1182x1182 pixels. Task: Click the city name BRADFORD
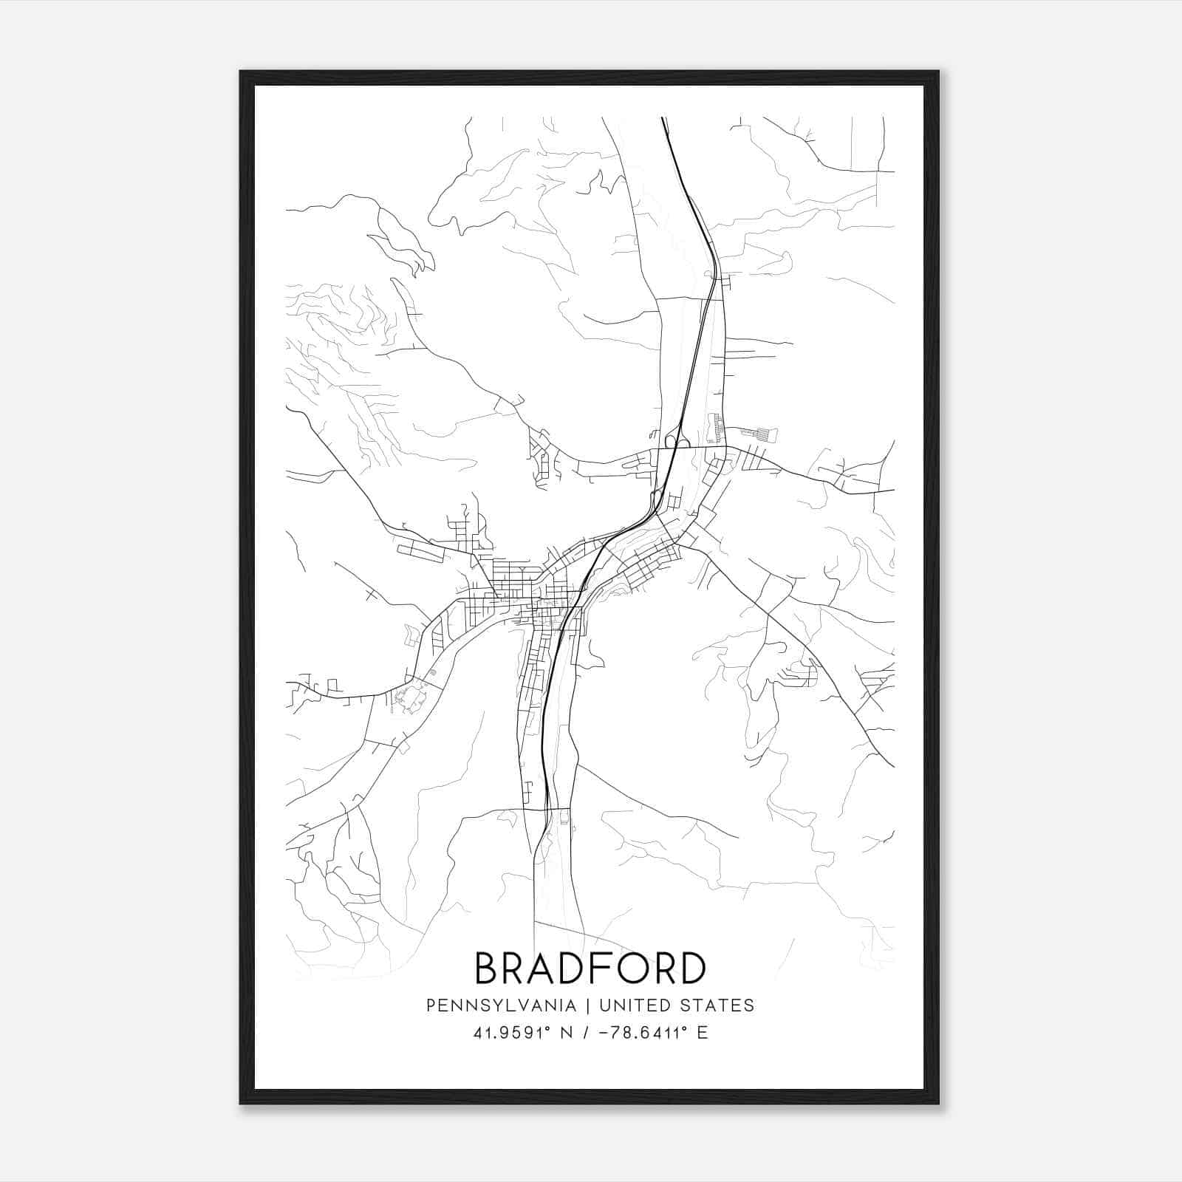[590, 969]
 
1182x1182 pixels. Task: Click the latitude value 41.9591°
[514, 1033]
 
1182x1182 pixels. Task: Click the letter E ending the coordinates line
[702, 1033]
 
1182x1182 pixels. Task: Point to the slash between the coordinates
[585, 1033]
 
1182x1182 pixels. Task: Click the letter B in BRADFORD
[488, 969]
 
